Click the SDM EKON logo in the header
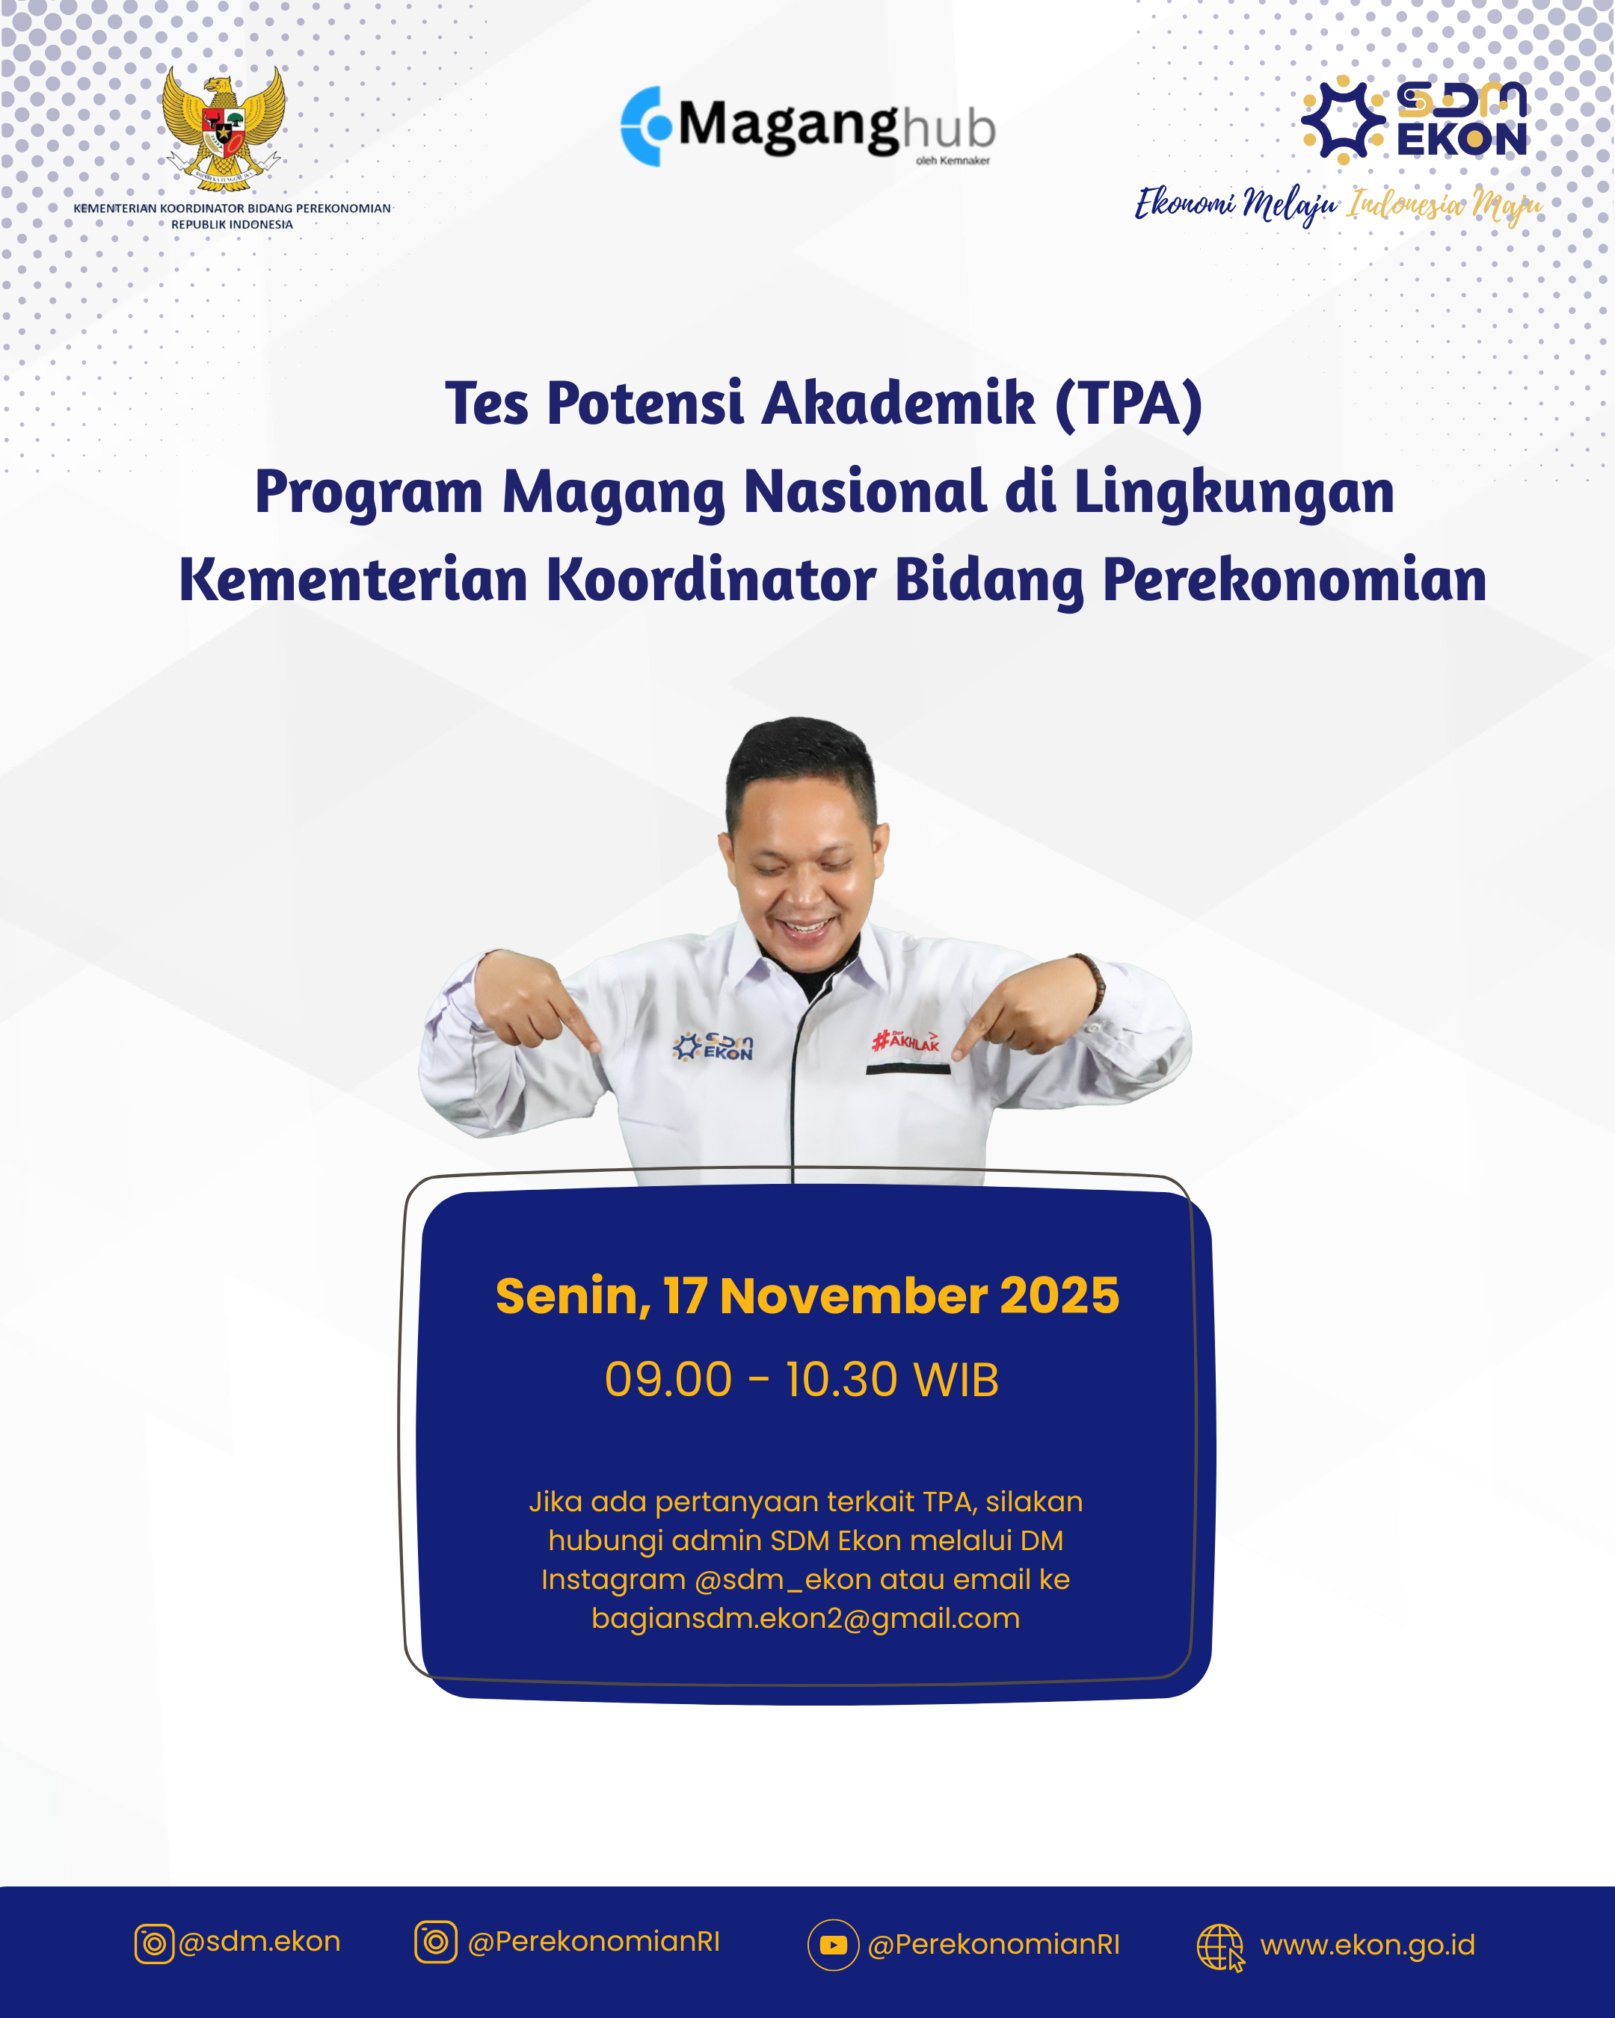(x=1415, y=120)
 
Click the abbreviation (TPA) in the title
(x=1128, y=404)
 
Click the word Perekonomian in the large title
(x=1295, y=579)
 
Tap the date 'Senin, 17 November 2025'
(x=807, y=1295)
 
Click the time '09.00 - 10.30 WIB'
(x=802, y=1380)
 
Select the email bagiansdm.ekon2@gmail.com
(x=805, y=1618)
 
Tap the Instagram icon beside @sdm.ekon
(x=155, y=1944)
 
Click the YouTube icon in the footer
(x=833, y=1945)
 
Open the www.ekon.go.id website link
(x=1367, y=1945)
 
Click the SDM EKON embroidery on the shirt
(x=713, y=1046)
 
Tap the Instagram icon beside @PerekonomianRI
(x=435, y=1943)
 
